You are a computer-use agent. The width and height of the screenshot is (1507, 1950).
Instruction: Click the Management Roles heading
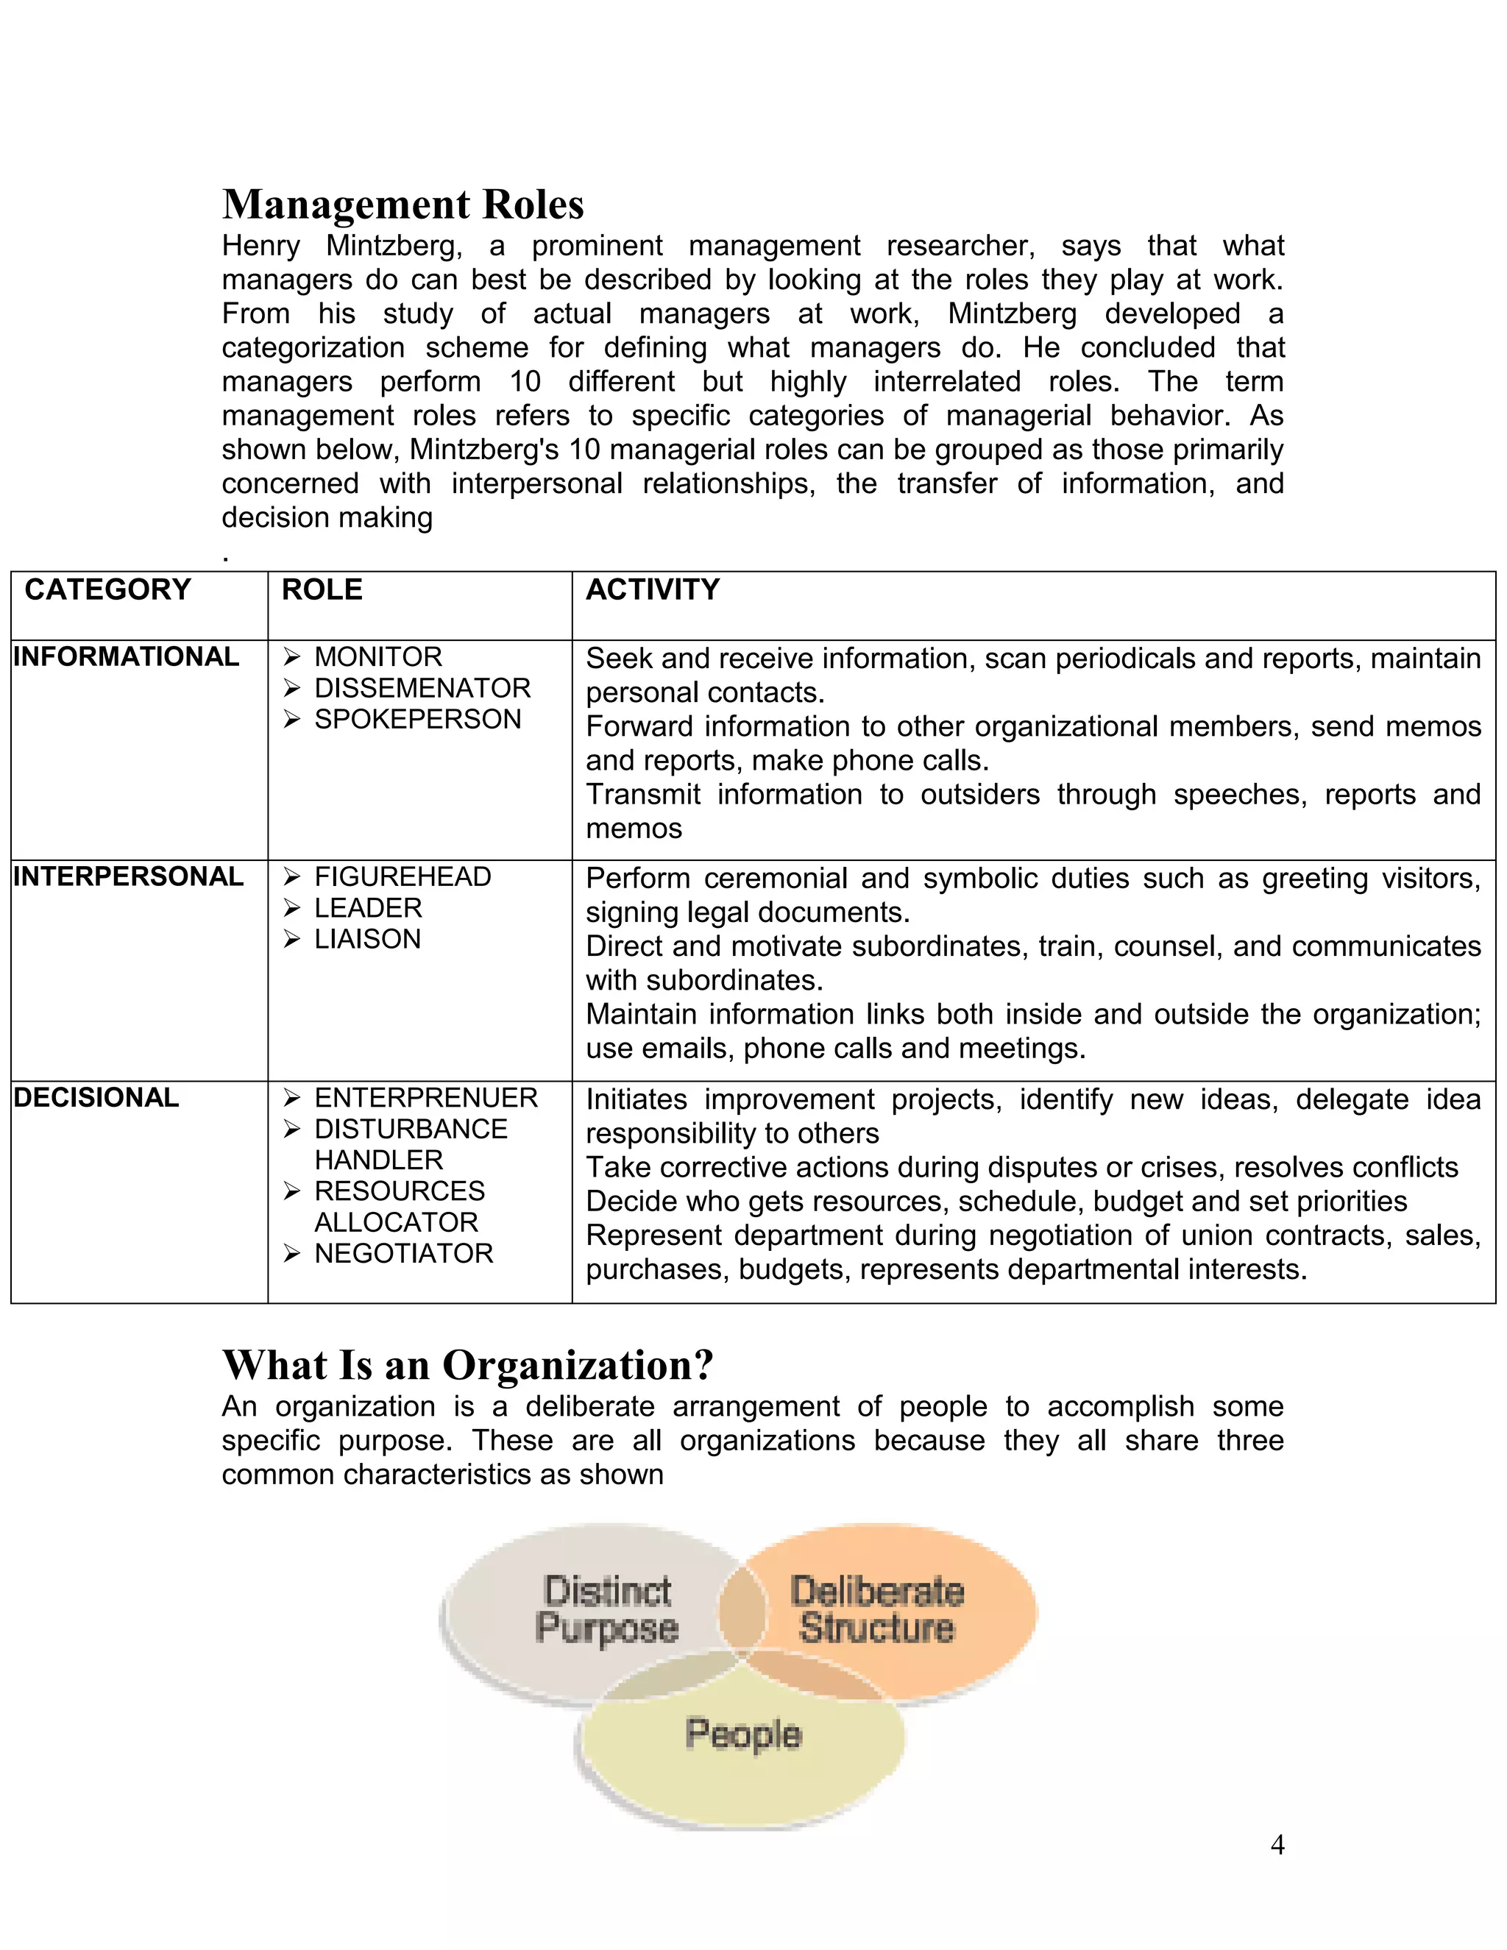[403, 205]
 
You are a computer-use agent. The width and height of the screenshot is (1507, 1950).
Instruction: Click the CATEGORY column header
[107, 589]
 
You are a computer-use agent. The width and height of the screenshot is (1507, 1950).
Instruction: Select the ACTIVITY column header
[652, 589]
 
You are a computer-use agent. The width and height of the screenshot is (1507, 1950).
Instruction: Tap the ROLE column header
[322, 589]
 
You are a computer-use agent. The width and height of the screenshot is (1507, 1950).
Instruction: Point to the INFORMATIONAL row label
[126, 656]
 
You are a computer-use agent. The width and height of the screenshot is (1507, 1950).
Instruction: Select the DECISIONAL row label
[96, 1097]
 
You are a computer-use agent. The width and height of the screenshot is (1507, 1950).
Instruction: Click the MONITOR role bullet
[377, 656]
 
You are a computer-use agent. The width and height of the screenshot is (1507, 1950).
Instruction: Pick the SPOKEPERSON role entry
[417, 719]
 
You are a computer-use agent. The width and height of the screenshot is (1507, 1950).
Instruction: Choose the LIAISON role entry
[367, 938]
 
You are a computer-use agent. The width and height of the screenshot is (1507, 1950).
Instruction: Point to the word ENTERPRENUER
[426, 1097]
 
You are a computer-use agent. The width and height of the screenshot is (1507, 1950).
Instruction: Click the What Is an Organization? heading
[467, 1365]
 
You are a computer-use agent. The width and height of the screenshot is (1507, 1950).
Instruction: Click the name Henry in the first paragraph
[260, 246]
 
